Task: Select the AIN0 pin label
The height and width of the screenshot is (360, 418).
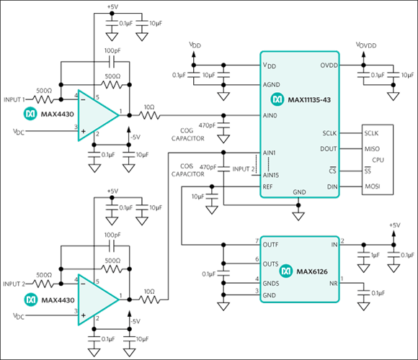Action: pyautogui.click(x=271, y=114)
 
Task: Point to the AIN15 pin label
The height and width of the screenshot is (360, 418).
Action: pyautogui.click(x=272, y=175)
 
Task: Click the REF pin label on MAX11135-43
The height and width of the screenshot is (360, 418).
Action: pyautogui.click(x=269, y=186)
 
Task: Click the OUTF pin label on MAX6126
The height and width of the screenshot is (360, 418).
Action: pyautogui.click(x=272, y=245)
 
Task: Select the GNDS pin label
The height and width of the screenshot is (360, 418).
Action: pyautogui.click(x=272, y=282)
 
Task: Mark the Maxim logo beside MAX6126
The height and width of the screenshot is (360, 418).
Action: pyautogui.click(x=286, y=270)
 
